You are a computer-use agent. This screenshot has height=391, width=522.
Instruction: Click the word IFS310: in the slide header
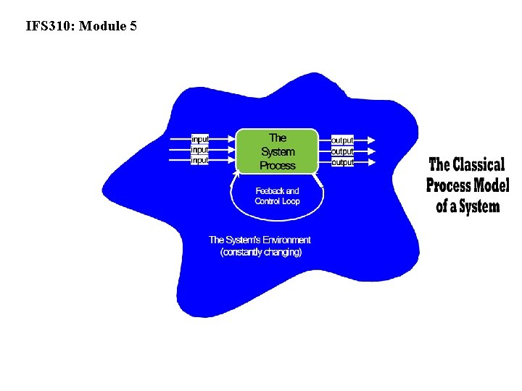[x=50, y=27]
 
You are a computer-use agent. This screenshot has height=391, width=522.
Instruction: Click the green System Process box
[x=278, y=151]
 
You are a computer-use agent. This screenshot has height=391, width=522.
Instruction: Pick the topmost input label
[x=200, y=139]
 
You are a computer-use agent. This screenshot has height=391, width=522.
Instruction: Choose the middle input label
[x=200, y=150]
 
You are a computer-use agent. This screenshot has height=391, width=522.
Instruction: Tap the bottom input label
[x=200, y=160]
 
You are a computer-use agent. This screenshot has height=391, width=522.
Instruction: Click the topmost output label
[x=342, y=140]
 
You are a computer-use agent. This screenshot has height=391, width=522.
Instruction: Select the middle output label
[x=342, y=151]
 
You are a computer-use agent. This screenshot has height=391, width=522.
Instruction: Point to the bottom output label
[x=342, y=162]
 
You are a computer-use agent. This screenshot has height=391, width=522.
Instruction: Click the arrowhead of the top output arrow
[x=372, y=140]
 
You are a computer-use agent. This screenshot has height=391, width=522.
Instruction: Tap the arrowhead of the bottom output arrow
[x=372, y=162]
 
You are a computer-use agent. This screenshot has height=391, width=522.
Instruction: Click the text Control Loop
[x=277, y=201]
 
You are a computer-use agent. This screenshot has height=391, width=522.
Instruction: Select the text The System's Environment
[x=260, y=240]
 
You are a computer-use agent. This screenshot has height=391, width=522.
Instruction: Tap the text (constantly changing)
[x=261, y=252]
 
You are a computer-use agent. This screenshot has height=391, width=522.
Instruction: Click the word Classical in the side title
[x=478, y=164]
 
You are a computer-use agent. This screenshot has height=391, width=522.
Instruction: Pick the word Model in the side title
[x=492, y=185]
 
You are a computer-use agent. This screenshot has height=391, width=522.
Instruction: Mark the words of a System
[x=468, y=206]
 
